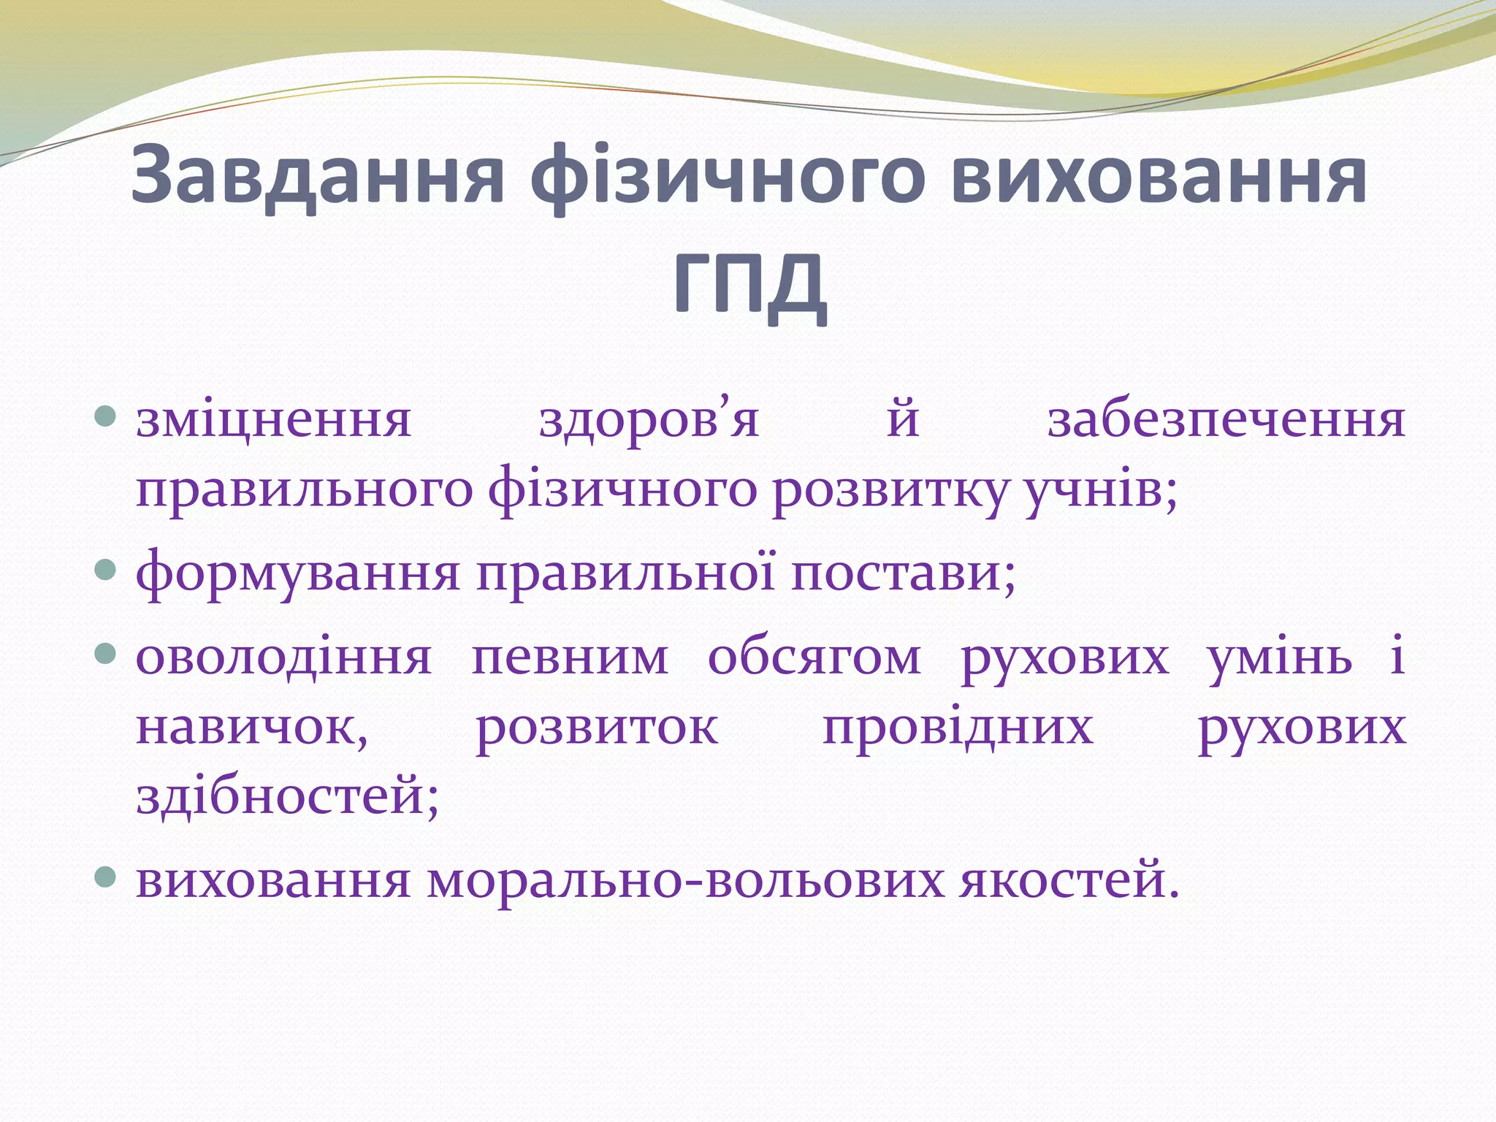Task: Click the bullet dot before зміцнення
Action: click(107, 418)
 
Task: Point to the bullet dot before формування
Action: click(107, 570)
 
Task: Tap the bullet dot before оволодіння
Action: click(107, 652)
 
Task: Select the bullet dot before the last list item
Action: click(107, 877)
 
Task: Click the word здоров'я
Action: click(649, 421)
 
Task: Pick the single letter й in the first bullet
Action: click(903, 421)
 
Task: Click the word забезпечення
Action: click(1226, 421)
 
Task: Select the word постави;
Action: click(903, 573)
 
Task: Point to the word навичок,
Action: click(253, 728)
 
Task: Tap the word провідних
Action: click(958, 728)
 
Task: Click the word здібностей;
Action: click(288, 796)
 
